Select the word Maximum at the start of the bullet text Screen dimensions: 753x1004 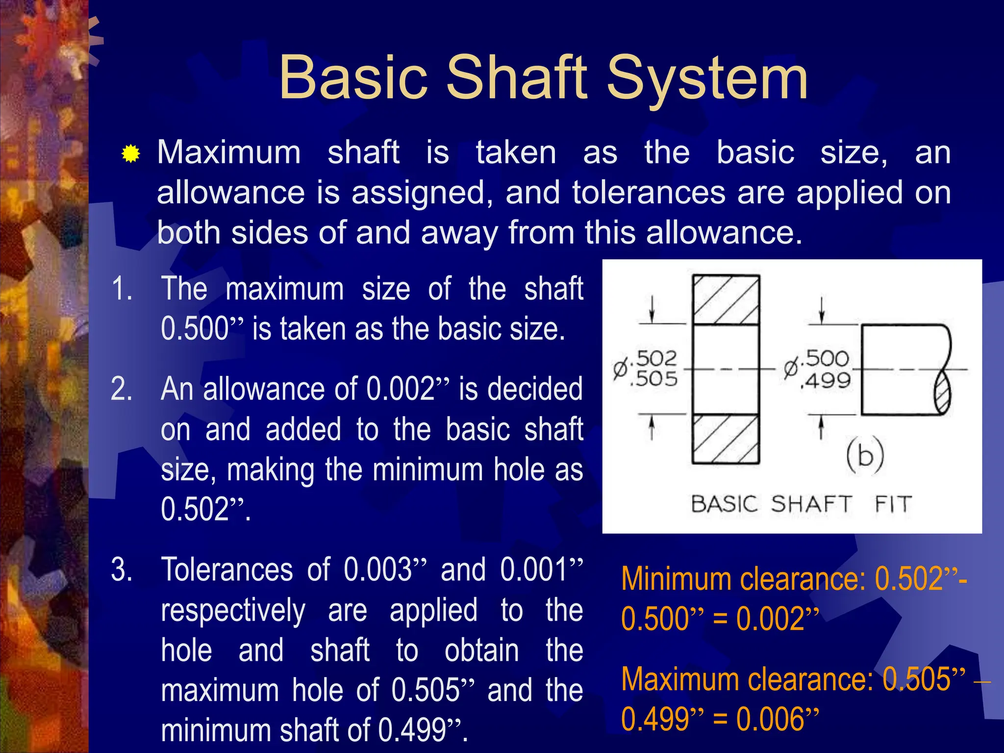click(229, 152)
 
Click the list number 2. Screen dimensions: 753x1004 click(121, 389)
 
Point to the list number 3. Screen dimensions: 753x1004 click(121, 570)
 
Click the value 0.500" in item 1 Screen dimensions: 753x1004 click(201, 328)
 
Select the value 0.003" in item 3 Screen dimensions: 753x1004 click(385, 570)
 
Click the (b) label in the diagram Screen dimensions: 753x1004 click(865, 454)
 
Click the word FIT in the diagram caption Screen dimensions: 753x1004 click(893, 504)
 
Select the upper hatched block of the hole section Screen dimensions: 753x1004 click(726, 300)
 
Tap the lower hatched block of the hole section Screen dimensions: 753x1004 click(726, 439)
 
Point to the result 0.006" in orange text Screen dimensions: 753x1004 click(777, 719)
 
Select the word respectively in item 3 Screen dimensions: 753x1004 click(233, 611)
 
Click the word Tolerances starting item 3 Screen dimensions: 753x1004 click(226, 570)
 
